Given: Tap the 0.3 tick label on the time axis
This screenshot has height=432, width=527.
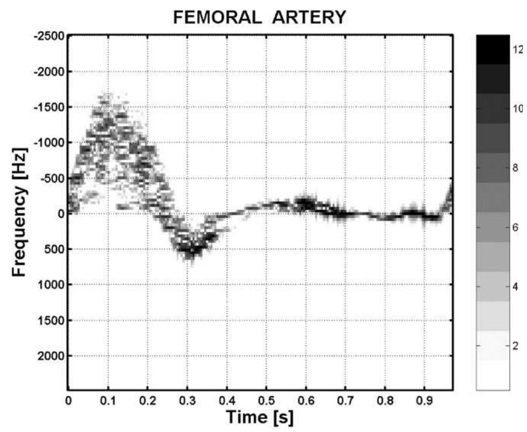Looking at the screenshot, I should click(x=187, y=401).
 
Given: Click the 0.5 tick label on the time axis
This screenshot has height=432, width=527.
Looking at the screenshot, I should click(x=266, y=401).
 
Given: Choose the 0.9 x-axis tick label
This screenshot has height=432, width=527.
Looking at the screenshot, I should click(x=424, y=401).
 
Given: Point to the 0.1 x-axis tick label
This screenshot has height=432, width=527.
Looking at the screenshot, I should click(x=108, y=401).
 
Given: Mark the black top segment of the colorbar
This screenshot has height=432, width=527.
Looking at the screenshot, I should click(x=492, y=49).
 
